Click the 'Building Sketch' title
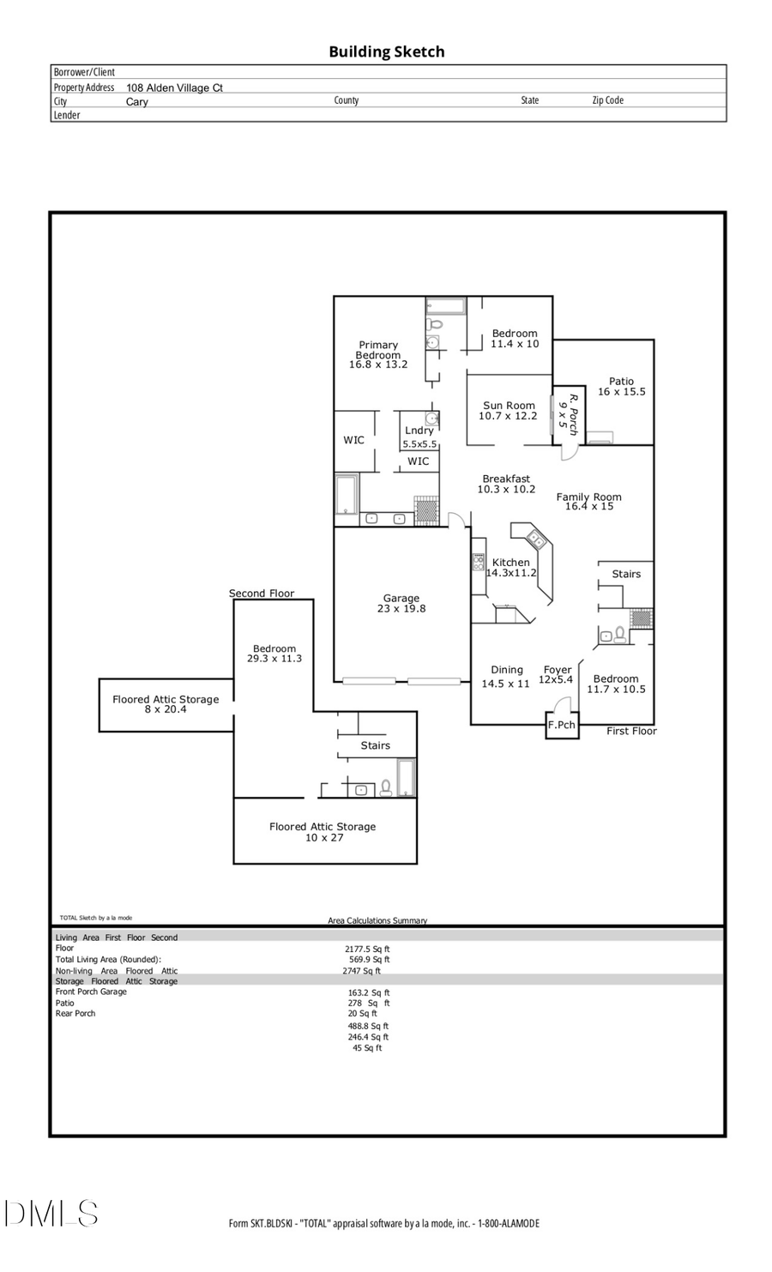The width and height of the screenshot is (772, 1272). coord(386,51)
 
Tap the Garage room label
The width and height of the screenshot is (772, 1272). coord(401,604)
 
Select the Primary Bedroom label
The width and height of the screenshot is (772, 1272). coord(378,354)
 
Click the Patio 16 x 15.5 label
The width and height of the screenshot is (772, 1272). coord(621,387)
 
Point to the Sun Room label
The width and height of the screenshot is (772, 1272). coord(508,411)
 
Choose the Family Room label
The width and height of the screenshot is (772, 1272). coord(588,501)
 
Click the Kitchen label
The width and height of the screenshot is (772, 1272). coord(511,568)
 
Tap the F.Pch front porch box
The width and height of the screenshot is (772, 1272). coord(562,726)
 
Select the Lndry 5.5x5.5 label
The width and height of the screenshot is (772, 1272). coord(419,437)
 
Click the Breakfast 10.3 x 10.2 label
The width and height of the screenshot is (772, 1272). coord(506,484)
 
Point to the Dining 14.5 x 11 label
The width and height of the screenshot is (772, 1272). coord(506,677)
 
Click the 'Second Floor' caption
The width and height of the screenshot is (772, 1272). coord(262,594)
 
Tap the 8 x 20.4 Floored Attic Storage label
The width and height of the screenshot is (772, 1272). coord(166,704)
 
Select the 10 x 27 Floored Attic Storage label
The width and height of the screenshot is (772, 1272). coord(323,832)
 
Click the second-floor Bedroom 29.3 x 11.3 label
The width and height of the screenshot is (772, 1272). coord(274,654)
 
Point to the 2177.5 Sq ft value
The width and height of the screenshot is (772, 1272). coord(368,949)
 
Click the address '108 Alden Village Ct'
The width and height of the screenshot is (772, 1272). coord(174,87)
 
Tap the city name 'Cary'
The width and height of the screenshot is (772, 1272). coord(137,102)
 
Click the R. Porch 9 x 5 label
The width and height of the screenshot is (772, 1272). coord(569,413)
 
